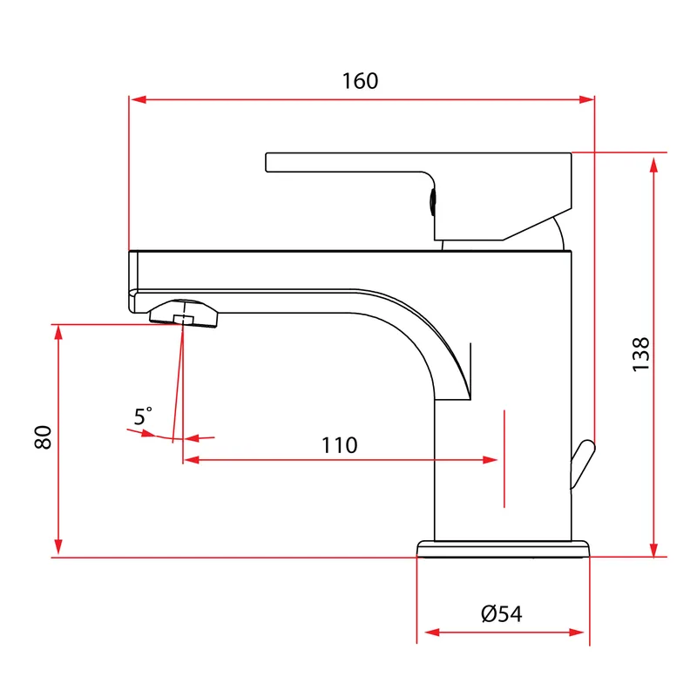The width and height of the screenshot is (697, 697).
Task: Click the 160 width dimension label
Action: (x=360, y=81)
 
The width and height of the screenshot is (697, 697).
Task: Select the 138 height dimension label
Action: (x=640, y=355)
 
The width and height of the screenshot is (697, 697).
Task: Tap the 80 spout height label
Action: (x=43, y=437)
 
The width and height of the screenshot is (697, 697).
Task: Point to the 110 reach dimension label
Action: (x=339, y=445)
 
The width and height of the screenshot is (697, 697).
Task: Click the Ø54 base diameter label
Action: (x=502, y=614)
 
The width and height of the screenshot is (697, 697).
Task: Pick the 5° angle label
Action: (x=143, y=416)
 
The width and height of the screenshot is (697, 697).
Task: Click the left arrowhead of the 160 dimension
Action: (x=138, y=99)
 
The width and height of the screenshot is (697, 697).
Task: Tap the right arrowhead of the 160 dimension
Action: (x=586, y=99)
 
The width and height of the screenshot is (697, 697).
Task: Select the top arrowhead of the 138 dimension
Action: (x=653, y=165)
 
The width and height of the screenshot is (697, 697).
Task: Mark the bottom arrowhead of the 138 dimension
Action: (x=653, y=549)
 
